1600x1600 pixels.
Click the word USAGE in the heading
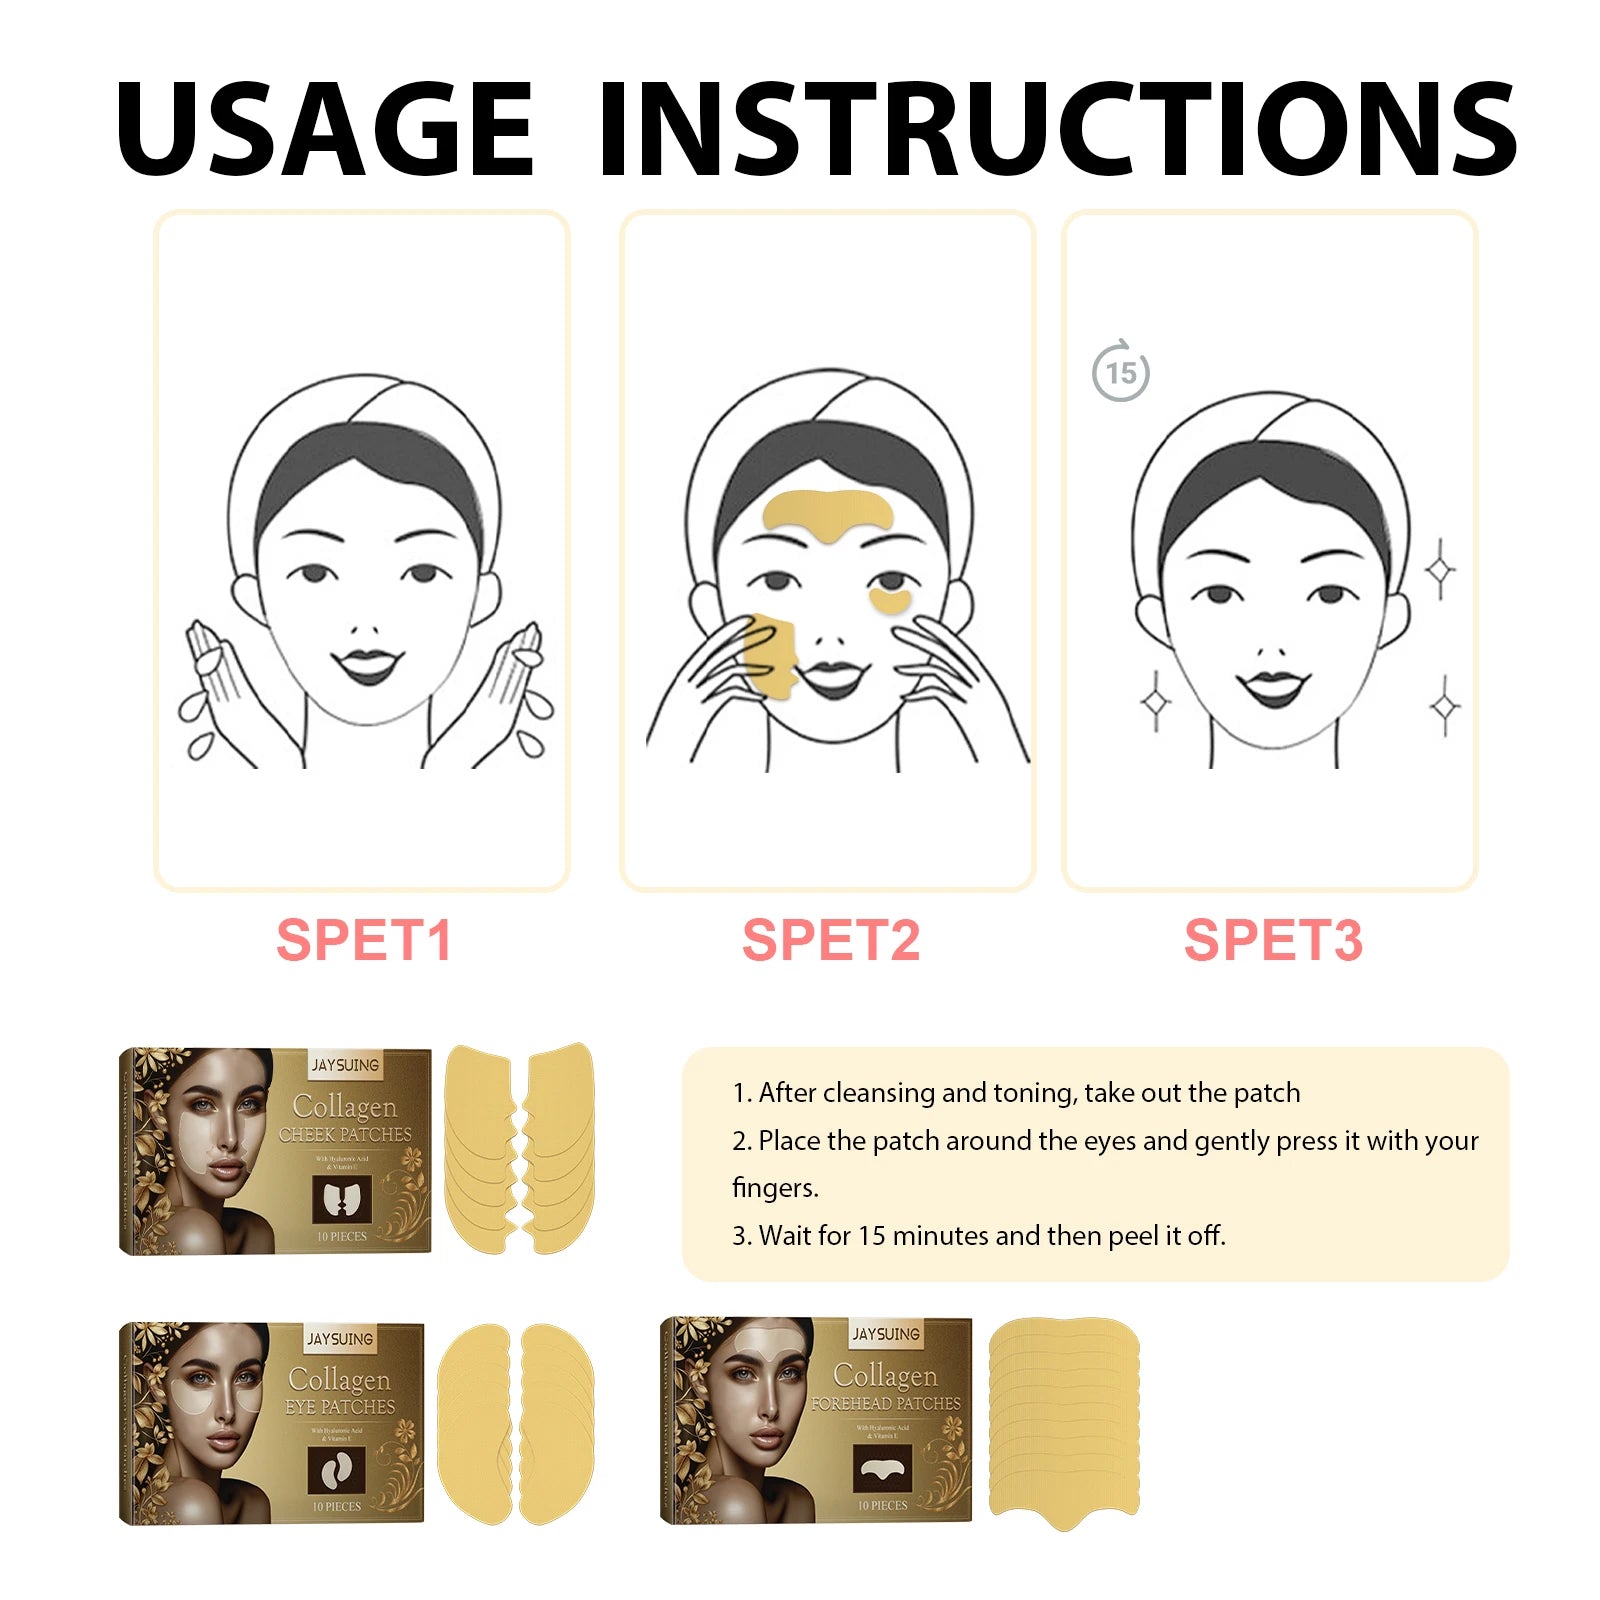tap(325, 130)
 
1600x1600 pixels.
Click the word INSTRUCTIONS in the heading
tap(1057, 130)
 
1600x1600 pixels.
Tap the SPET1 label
tap(364, 940)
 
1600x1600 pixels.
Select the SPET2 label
tap(830, 940)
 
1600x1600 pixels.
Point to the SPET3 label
tap(1273, 940)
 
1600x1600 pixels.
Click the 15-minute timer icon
tap(1120, 372)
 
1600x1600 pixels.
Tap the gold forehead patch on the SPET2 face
tap(827, 513)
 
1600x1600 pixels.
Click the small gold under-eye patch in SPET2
tap(889, 600)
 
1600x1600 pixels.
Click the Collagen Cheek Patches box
tap(275, 1150)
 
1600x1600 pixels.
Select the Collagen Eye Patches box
tap(272, 1422)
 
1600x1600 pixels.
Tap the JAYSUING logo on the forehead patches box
tap(885, 1334)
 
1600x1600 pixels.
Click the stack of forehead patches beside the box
tap(1064, 1420)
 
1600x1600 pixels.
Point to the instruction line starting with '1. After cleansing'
tap(1016, 1093)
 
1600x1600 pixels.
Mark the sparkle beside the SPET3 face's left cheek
tap(1155, 702)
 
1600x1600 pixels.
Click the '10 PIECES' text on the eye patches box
tap(337, 1506)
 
